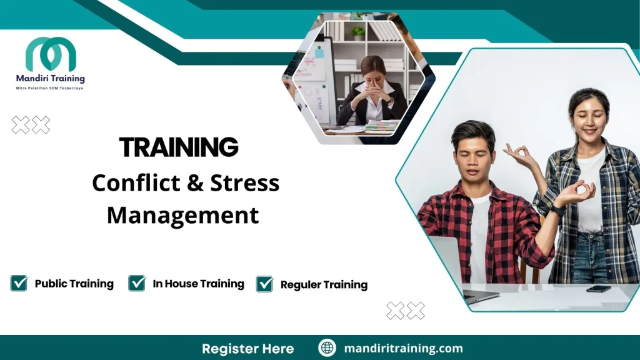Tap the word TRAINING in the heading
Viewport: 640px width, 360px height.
pyautogui.click(x=179, y=147)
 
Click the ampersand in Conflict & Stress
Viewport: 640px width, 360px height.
pyautogui.click(x=189, y=183)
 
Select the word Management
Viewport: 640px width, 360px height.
pyautogui.click(x=182, y=216)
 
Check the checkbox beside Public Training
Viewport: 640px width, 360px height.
pyautogui.click(x=19, y=283)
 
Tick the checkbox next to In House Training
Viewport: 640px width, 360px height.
pyautogui.click(x=137, y=283)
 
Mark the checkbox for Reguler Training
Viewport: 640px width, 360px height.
pyautogui.click(x=265, y=284)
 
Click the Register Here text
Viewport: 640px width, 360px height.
pyautogui.click(x=247, y=348)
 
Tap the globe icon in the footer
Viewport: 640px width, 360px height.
pyautogui.click(x=327, y=348)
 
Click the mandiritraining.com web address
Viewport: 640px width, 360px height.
pyautogui.click(x=403, y=348)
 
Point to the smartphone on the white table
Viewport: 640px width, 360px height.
pyautogui.click(x=598, y=289)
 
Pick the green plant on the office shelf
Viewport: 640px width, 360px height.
pyautogui.click(x=358, y=32)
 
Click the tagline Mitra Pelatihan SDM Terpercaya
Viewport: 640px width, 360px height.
pyautogui.click(x=49, y=89)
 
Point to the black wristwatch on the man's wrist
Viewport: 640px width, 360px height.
pyautogui.click(x=558, y=211)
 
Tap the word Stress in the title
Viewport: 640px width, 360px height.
pyautogui.click(x=244, y=183)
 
